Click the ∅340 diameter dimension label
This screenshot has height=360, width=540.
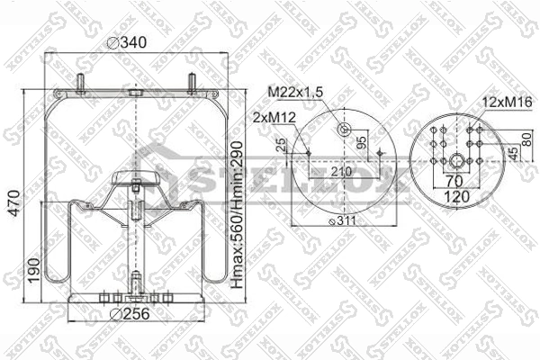[x=125, y=40]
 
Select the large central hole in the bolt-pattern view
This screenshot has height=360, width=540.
[x=458, y=162]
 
